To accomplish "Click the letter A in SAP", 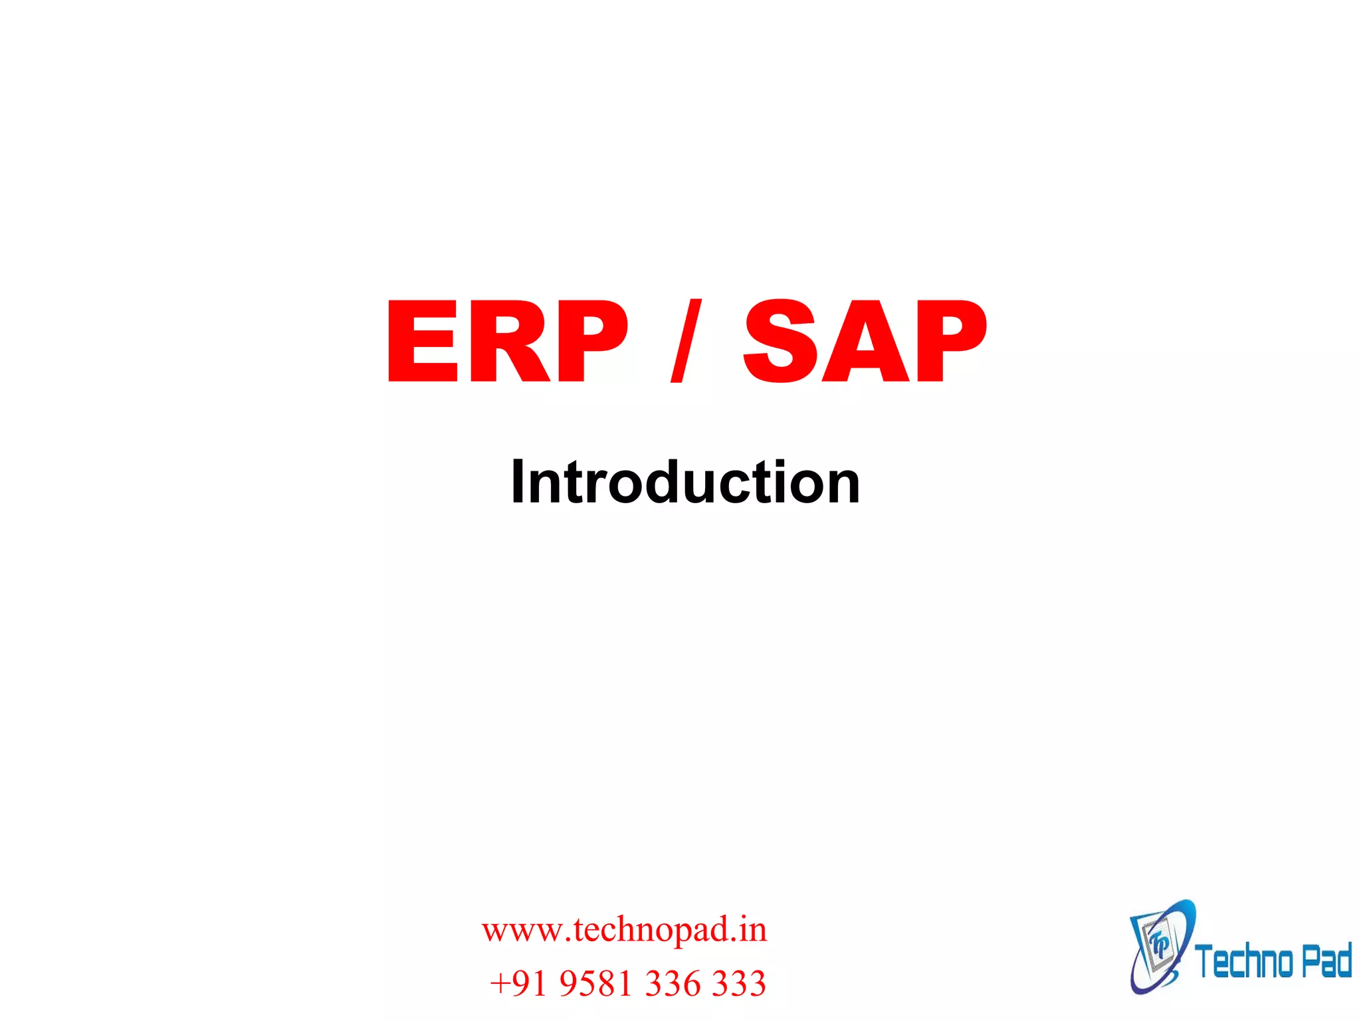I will point(864,342).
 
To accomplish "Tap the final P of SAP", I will point(950,342).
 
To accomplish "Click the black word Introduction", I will point(685,481).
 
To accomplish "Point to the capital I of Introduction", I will point(519,481).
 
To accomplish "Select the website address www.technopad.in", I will point(624,929).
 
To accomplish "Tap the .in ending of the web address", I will point(748,929).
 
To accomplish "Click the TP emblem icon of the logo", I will point(1160,947).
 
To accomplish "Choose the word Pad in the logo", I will point(1326,961).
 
